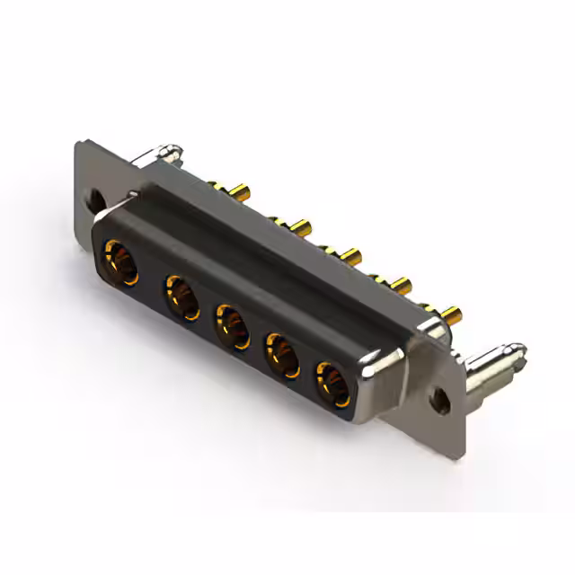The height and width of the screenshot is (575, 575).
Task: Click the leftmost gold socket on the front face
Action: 119,261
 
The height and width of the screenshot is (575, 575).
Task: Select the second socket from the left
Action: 181,296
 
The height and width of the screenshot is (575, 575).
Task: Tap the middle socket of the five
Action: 231,325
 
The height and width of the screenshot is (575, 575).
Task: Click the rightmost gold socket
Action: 331,382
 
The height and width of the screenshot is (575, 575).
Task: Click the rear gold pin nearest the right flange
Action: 451,315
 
